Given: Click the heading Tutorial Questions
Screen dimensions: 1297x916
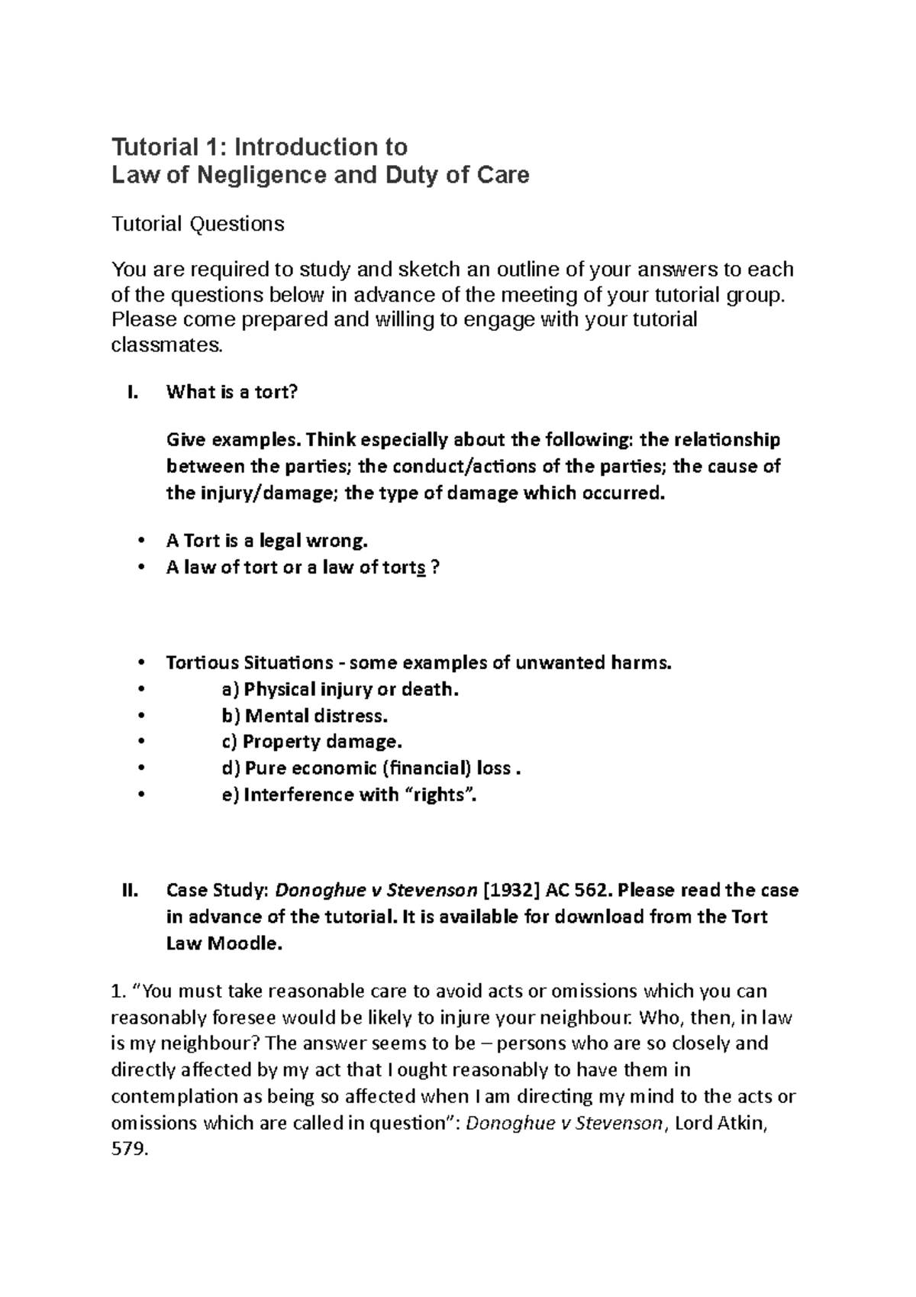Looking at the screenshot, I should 198,224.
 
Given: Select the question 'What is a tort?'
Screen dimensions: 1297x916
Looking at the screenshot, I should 231,393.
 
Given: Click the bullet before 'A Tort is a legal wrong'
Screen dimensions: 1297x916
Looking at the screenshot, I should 140,542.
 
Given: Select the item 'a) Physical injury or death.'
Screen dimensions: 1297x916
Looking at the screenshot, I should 340,689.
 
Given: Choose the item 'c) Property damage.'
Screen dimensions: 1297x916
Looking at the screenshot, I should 311,742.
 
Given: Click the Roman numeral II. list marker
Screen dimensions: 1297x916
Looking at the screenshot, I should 130,891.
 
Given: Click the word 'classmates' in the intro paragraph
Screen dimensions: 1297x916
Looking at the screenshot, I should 167,345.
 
